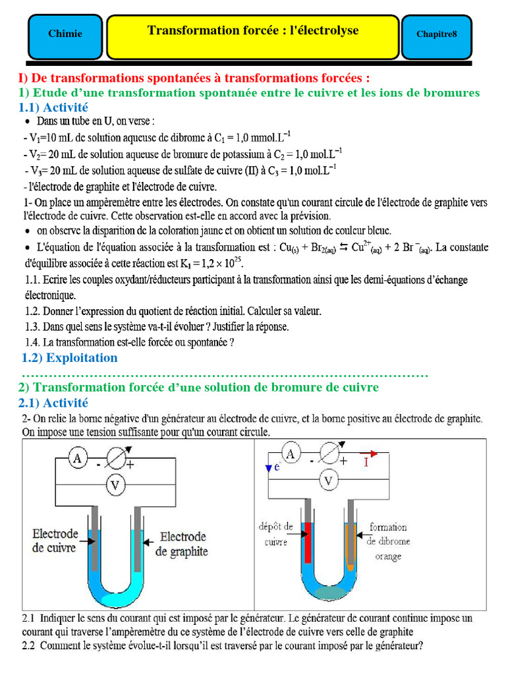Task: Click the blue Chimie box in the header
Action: [65, 34]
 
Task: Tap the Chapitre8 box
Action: [436, 34]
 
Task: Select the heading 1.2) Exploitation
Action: [69, 358]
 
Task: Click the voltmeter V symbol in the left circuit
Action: [116, 486]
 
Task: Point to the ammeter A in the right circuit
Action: [291, 454]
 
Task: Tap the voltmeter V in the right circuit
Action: [327, 481]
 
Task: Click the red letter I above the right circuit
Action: [367, 462]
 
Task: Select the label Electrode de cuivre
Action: [55, 541]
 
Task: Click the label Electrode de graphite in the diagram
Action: [183, 544]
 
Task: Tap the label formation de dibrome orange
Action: [389, 541]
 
